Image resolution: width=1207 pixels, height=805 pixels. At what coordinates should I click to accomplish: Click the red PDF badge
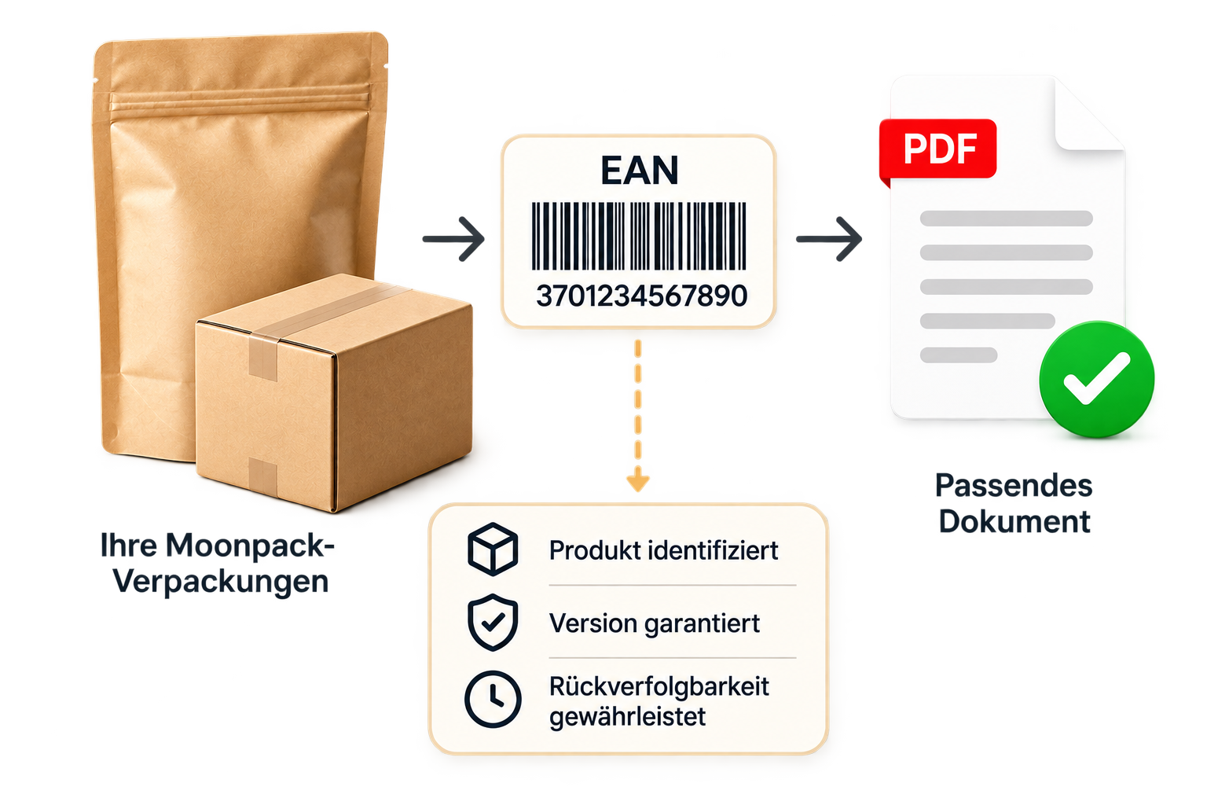coord(937,149)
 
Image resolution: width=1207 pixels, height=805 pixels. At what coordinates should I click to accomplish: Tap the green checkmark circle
coord(1096,379)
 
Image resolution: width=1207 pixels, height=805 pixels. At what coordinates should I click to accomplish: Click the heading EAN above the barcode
coord(639,171)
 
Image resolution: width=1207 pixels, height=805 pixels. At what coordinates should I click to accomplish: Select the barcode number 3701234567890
coord(641,296)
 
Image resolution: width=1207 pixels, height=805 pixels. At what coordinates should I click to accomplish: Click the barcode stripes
coord(639,236)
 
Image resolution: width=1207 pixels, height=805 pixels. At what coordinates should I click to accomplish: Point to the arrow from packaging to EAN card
coord(453,239)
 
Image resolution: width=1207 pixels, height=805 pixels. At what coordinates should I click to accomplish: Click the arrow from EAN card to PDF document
coord(829,239)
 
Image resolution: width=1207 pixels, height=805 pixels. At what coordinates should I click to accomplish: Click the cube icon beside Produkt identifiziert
coord(493,549)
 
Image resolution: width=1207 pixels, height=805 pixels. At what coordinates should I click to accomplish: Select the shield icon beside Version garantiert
coord(493,623)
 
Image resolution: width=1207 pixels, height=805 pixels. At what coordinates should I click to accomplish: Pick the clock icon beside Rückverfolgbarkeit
coord(493,700)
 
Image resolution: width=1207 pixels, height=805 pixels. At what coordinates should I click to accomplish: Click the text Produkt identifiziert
coord(663,550)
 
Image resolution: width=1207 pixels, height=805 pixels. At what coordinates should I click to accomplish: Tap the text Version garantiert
coord(654,624)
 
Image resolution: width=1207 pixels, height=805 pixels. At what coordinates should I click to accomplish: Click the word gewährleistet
coord(627,717)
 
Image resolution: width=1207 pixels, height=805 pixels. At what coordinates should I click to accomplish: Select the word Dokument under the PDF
coord(1014,521)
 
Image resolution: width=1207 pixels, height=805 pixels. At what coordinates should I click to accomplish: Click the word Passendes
coord(1014,485)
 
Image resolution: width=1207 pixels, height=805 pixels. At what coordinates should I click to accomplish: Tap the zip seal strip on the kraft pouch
coord(240,100)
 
